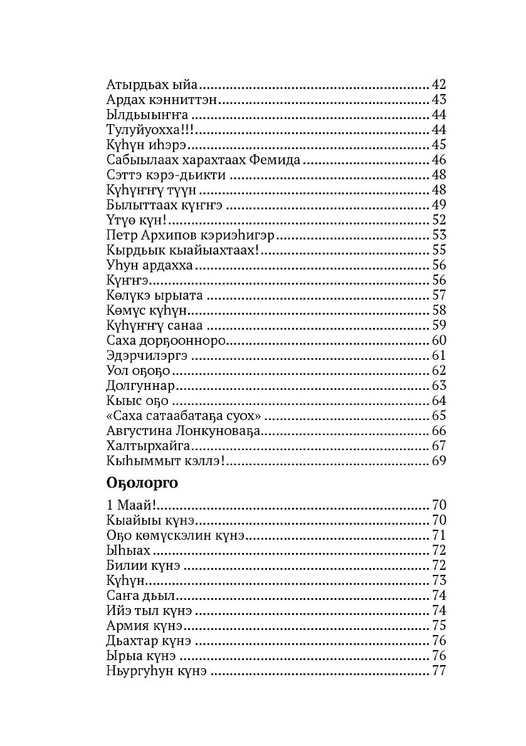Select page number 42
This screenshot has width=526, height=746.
point(438,85)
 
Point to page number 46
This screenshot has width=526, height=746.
point(438,160)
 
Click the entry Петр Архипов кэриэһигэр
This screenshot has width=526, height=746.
point(191,235)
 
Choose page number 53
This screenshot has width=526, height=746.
point(438,235)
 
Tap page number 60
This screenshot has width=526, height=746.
point(438,340)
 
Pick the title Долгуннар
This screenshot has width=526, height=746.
point(140,386)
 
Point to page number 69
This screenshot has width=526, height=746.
point(438,461)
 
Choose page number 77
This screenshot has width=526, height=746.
point(438,671)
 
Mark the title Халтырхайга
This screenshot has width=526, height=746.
point(149,446)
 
